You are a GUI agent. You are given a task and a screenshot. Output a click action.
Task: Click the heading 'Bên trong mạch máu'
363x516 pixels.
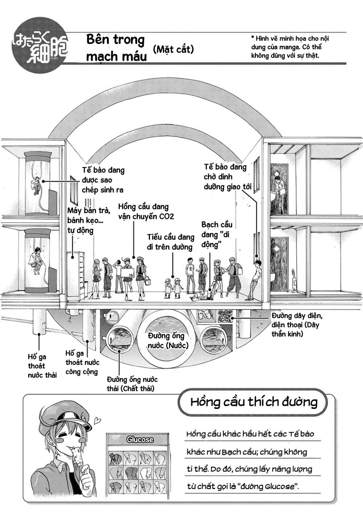pyautogui.click(x=115, y=48)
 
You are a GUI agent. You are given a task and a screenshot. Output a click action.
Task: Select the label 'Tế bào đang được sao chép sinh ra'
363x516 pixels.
pyautogui.click(x=103, y=180)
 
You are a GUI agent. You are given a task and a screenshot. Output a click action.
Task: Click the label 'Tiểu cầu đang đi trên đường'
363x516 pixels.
pyautogui.click(x=170, y=242)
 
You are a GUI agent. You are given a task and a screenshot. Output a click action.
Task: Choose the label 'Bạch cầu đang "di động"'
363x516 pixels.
pyautogui.click(x=217, y=235)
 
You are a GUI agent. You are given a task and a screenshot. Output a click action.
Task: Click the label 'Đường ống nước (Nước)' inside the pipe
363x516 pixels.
pyautogui.click(x=168, y=340)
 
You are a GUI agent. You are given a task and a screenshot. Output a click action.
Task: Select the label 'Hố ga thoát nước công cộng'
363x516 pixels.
pyautogui.click(x=82, y=362)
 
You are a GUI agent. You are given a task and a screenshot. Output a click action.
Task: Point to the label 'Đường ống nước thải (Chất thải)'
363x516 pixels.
pyautogui.click(x=132, y=384)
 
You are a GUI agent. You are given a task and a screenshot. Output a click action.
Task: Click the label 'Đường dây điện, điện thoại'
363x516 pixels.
pyautogui.click(x=295, y=324)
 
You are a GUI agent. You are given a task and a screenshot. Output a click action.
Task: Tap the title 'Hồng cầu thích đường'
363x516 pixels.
pyautogui.click(x=254, y=402)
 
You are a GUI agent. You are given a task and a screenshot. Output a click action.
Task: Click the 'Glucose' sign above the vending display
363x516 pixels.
pyautogui.click(x=140, y=439)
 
